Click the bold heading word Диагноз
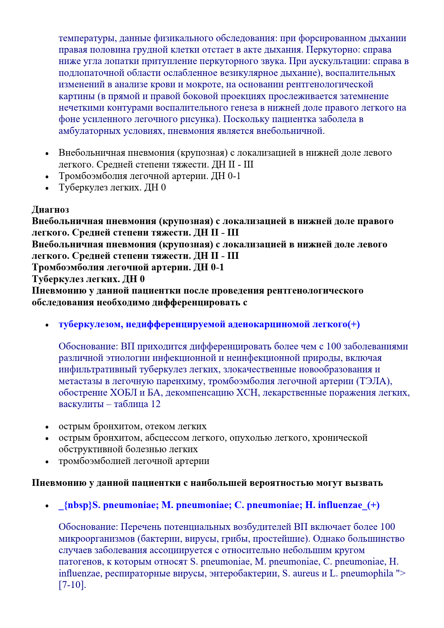click(50, 209)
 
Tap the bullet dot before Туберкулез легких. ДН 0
click(47, 188)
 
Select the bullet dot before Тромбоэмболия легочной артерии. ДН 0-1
click(47, 177)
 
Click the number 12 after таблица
click(156, 404)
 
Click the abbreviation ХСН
click(247, 393)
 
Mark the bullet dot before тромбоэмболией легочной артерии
click(47, 462)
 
